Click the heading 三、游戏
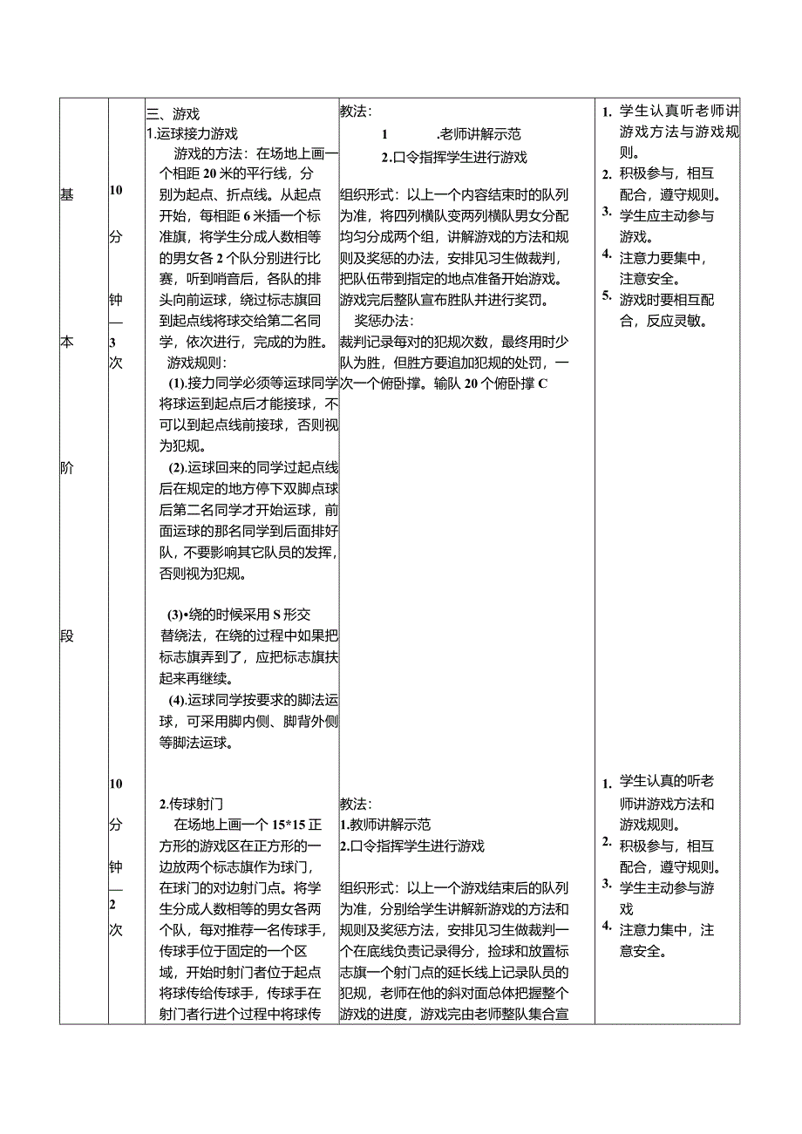point(173,113)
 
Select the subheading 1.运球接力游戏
point(192,133)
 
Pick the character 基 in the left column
point(67,194)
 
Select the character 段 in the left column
point(67,636)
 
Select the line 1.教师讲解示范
point(384,825)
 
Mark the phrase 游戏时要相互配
point(667,300)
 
